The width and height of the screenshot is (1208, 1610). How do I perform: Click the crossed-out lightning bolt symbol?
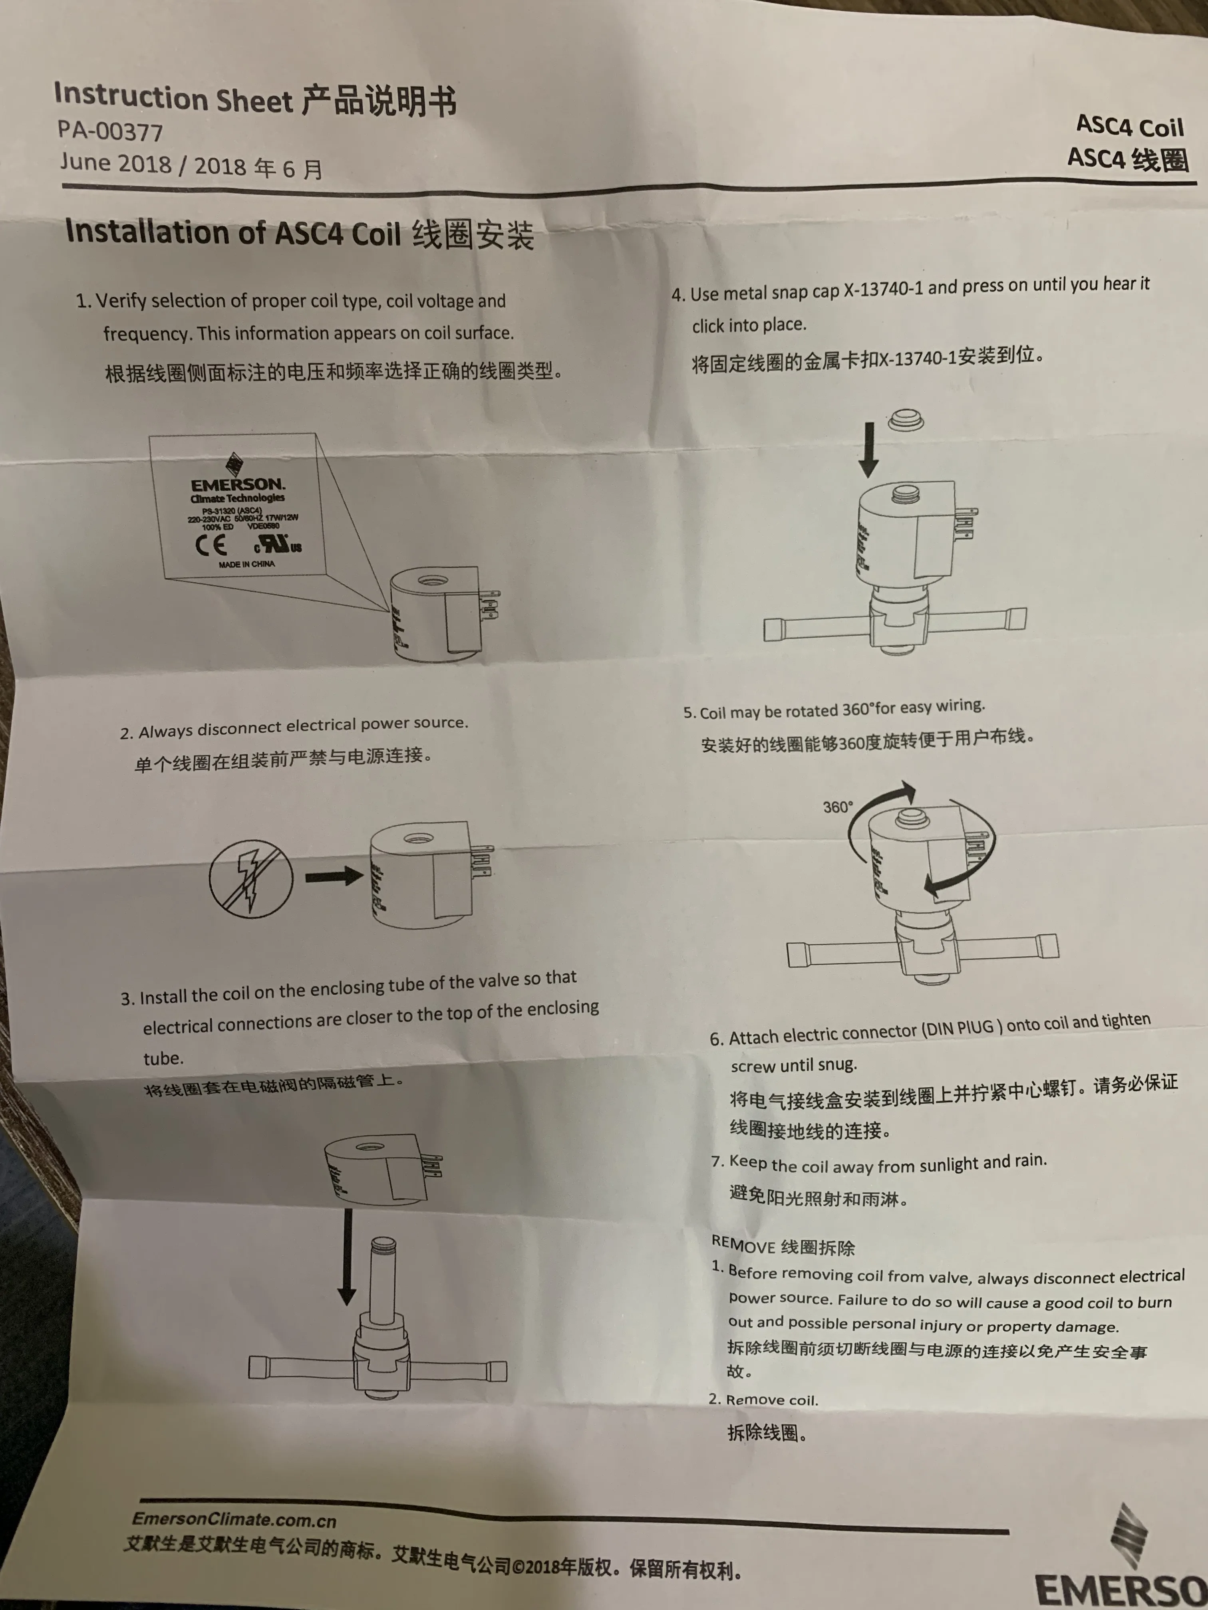click(x=250, y=878)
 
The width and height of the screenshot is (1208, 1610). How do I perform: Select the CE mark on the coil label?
click(x=211, y=544)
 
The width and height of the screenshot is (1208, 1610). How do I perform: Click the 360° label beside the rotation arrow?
click(x=837, y=807)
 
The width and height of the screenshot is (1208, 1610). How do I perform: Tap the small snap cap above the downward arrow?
click(x=905, y=420)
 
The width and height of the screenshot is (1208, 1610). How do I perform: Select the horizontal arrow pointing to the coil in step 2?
click(x=334, y=876)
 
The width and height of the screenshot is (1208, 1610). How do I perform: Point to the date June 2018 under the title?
click(x=115, y=162)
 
